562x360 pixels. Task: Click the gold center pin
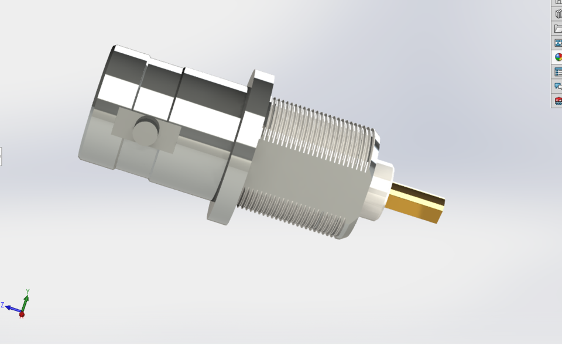pyautogui.click(x=417, y=203)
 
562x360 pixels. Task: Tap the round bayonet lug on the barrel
pyautogui.click(x=145, y=131)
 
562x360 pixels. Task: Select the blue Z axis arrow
pyautogui.click(x=13, y=308)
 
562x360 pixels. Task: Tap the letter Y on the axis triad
pyautogui.click(x=28, y=291)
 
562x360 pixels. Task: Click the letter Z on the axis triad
pyautogui.click(x=2, y=305)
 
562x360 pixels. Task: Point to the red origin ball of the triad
pyautogui.click(x=22, y=315)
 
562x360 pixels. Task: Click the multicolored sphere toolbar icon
pyautogui.click(x=558, y=57)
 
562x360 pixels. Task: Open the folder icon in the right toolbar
pyautogui.click(x=558, y=29)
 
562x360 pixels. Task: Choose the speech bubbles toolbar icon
pyautogui.click(x=558, y=86)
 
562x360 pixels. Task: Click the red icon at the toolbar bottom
pyautogui.click(x=558, y=101)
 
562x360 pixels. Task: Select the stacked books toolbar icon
pyautogui.click(x=558, y=14)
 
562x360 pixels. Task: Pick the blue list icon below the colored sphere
pyautogui.click(x=558, y=72)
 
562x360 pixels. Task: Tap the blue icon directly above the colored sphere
pyautogui.click(x=558, y=43)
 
